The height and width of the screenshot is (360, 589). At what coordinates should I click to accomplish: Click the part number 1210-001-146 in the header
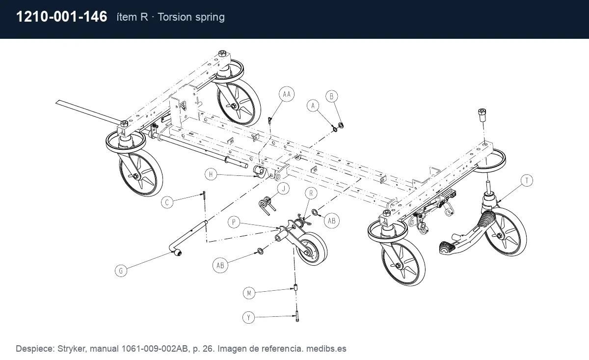tap(61, 17)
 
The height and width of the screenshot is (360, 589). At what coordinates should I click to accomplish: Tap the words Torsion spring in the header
tap(191, 17)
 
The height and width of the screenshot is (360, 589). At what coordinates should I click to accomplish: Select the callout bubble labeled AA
tap(287, 94)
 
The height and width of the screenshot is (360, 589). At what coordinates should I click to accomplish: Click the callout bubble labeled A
tap(313, 106)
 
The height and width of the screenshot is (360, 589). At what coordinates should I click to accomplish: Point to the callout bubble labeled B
tap(332, 96)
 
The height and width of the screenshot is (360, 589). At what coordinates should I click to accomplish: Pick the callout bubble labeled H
tap(211, 174)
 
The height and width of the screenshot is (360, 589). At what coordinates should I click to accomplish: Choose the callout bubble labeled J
tap(284, 189)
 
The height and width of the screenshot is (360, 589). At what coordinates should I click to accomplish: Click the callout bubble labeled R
tap(311, 194)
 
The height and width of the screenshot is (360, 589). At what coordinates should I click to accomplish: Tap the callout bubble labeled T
tap(527, 181)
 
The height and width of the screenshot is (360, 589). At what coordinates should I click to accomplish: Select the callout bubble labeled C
tap(167, 202)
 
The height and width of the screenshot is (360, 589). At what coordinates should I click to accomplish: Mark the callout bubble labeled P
tap(234, 222)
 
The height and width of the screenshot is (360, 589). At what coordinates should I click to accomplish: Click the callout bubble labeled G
tap(121, 271)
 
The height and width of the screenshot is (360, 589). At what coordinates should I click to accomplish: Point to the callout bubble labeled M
tap(249, 293)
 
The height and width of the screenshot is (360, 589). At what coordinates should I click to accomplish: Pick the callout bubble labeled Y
tap(249, 317)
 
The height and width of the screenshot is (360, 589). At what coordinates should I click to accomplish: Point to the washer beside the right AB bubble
tap(315, 212)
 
